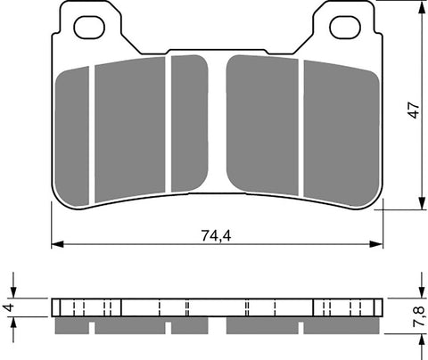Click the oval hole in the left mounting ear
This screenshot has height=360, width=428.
tap(88, 28)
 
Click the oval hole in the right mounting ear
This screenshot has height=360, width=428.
tap(344, 28)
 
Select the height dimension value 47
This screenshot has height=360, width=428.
tap(411, 108)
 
